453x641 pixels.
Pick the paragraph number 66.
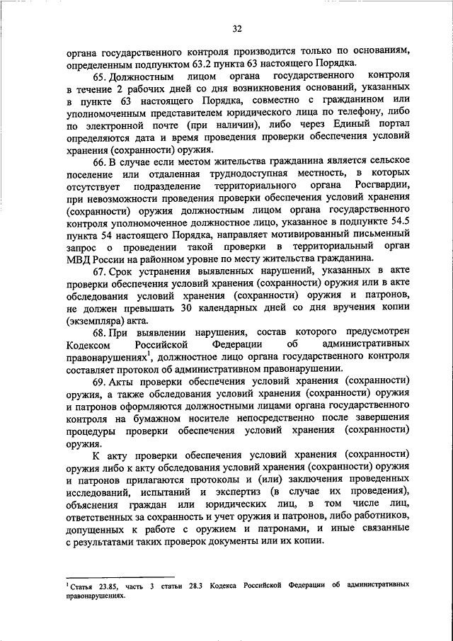coord(101,164)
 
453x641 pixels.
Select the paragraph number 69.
coord(101,382)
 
